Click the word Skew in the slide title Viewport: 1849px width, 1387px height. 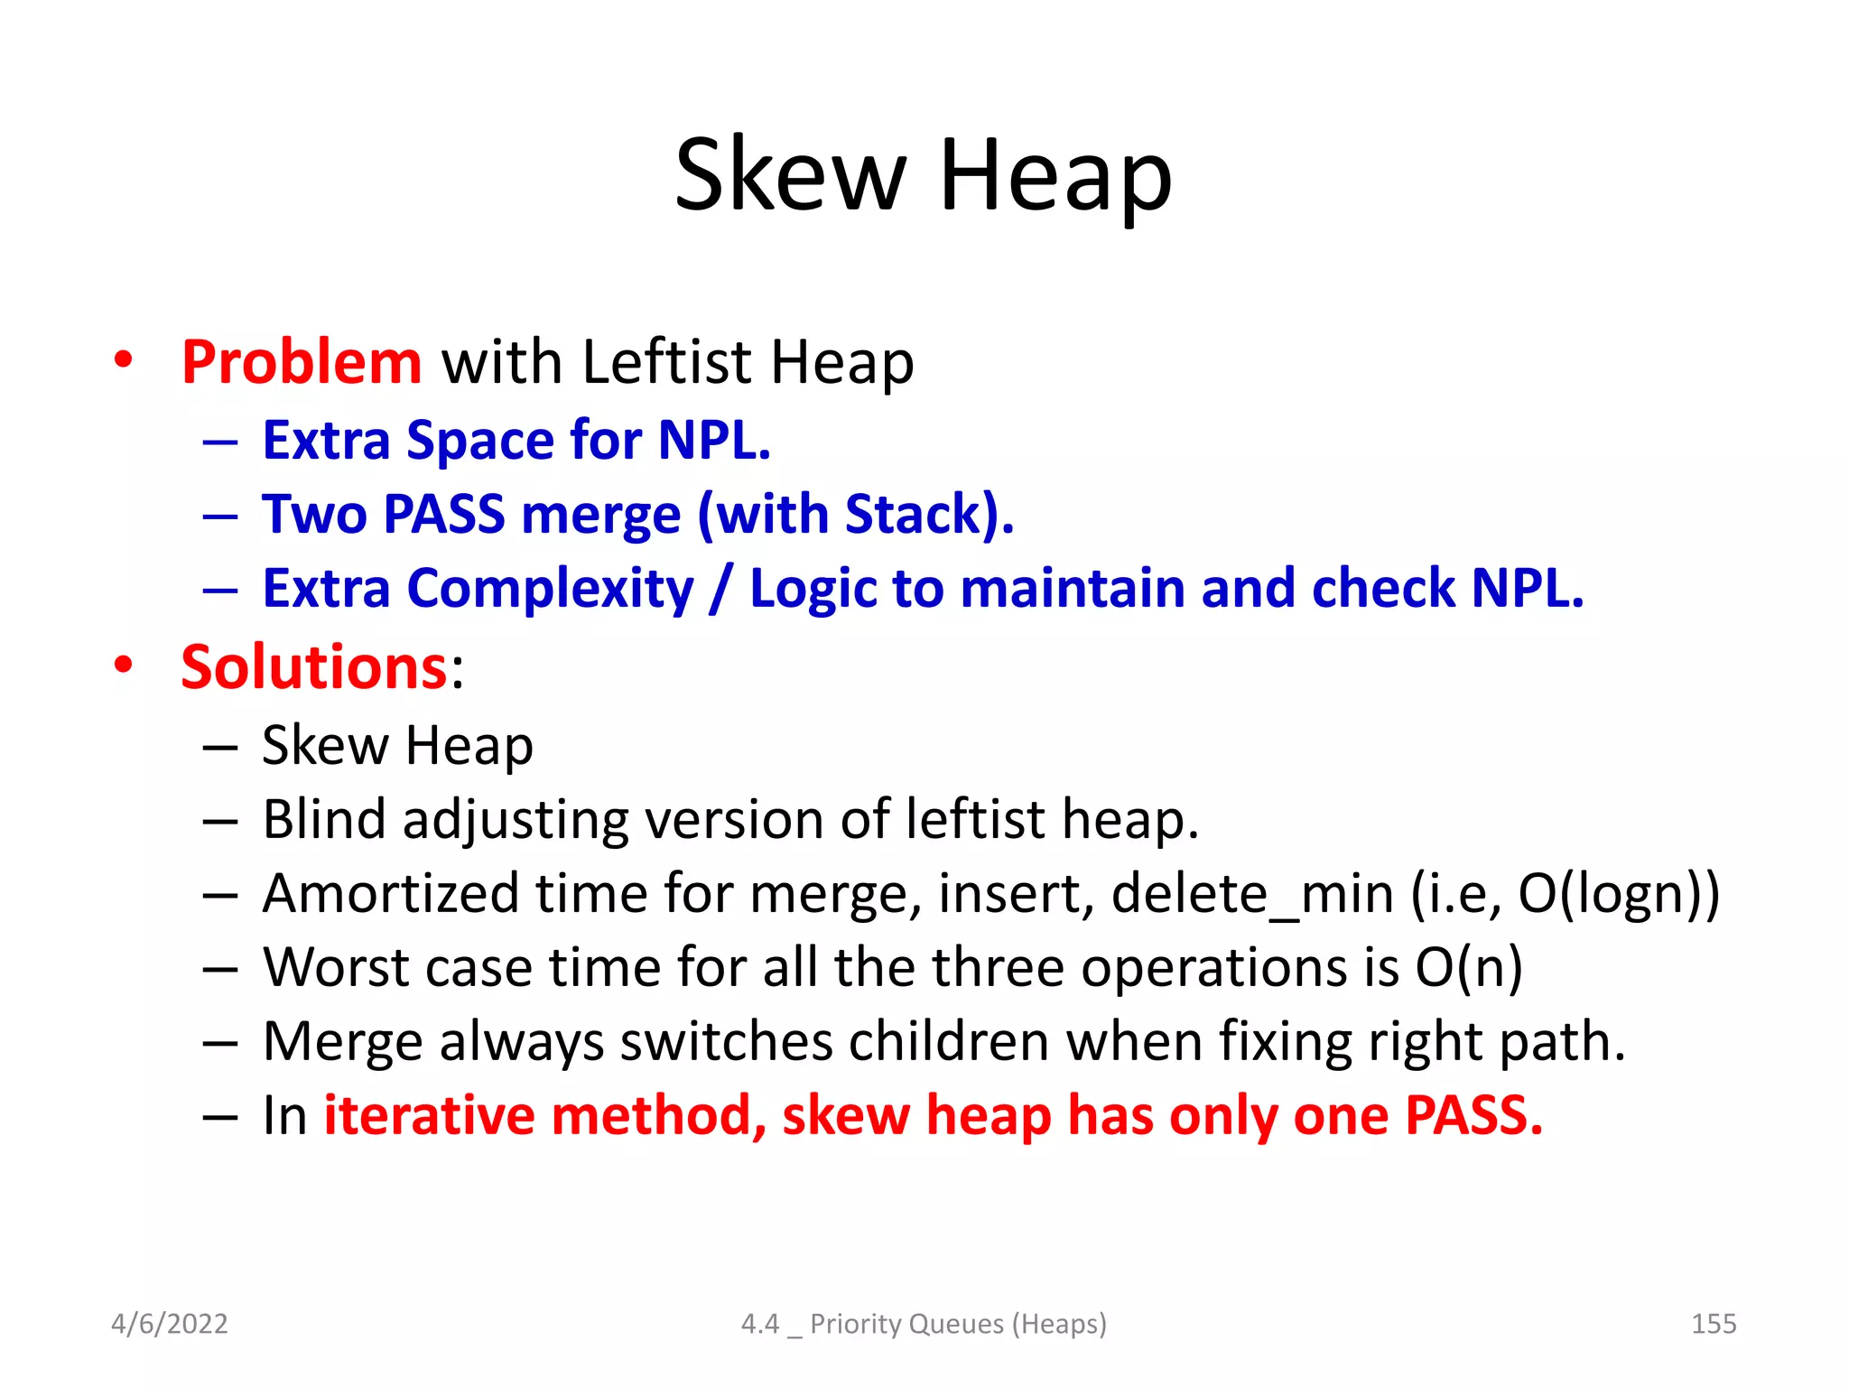pyautogui.click(x=790, y=174)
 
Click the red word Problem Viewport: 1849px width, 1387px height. pyautogui.click(x=301, y=362)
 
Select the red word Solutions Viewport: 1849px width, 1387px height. pyautogui.click(x=314, y=667)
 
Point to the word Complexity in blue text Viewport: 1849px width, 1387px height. pyautogui.click(x=551, y=589)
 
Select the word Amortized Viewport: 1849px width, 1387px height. pyautogui.click(x=391, y=893)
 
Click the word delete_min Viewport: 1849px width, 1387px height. pyautogui.click(x=1252, y=893)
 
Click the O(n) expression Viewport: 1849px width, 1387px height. pyautogui.click(x=1469, y=967)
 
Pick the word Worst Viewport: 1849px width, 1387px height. pyautogui.click(x=336, y=967)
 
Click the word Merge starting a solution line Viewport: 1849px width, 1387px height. pyautogui.click(x=341, y=1041)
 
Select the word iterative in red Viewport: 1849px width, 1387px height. pyautogui.click(x=428, y=1115)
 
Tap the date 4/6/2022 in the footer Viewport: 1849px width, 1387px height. pyautogui.click(x=169, y=1324)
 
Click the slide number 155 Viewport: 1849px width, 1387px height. pyautogui.click(x=1713, y=1324)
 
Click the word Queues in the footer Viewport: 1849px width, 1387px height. pyautogui.click(x=956, y=1324)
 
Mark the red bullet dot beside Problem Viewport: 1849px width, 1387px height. pyautogui.click(x=124, y=360)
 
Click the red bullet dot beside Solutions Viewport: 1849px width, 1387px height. pyautogui.click(x=124, y=666)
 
